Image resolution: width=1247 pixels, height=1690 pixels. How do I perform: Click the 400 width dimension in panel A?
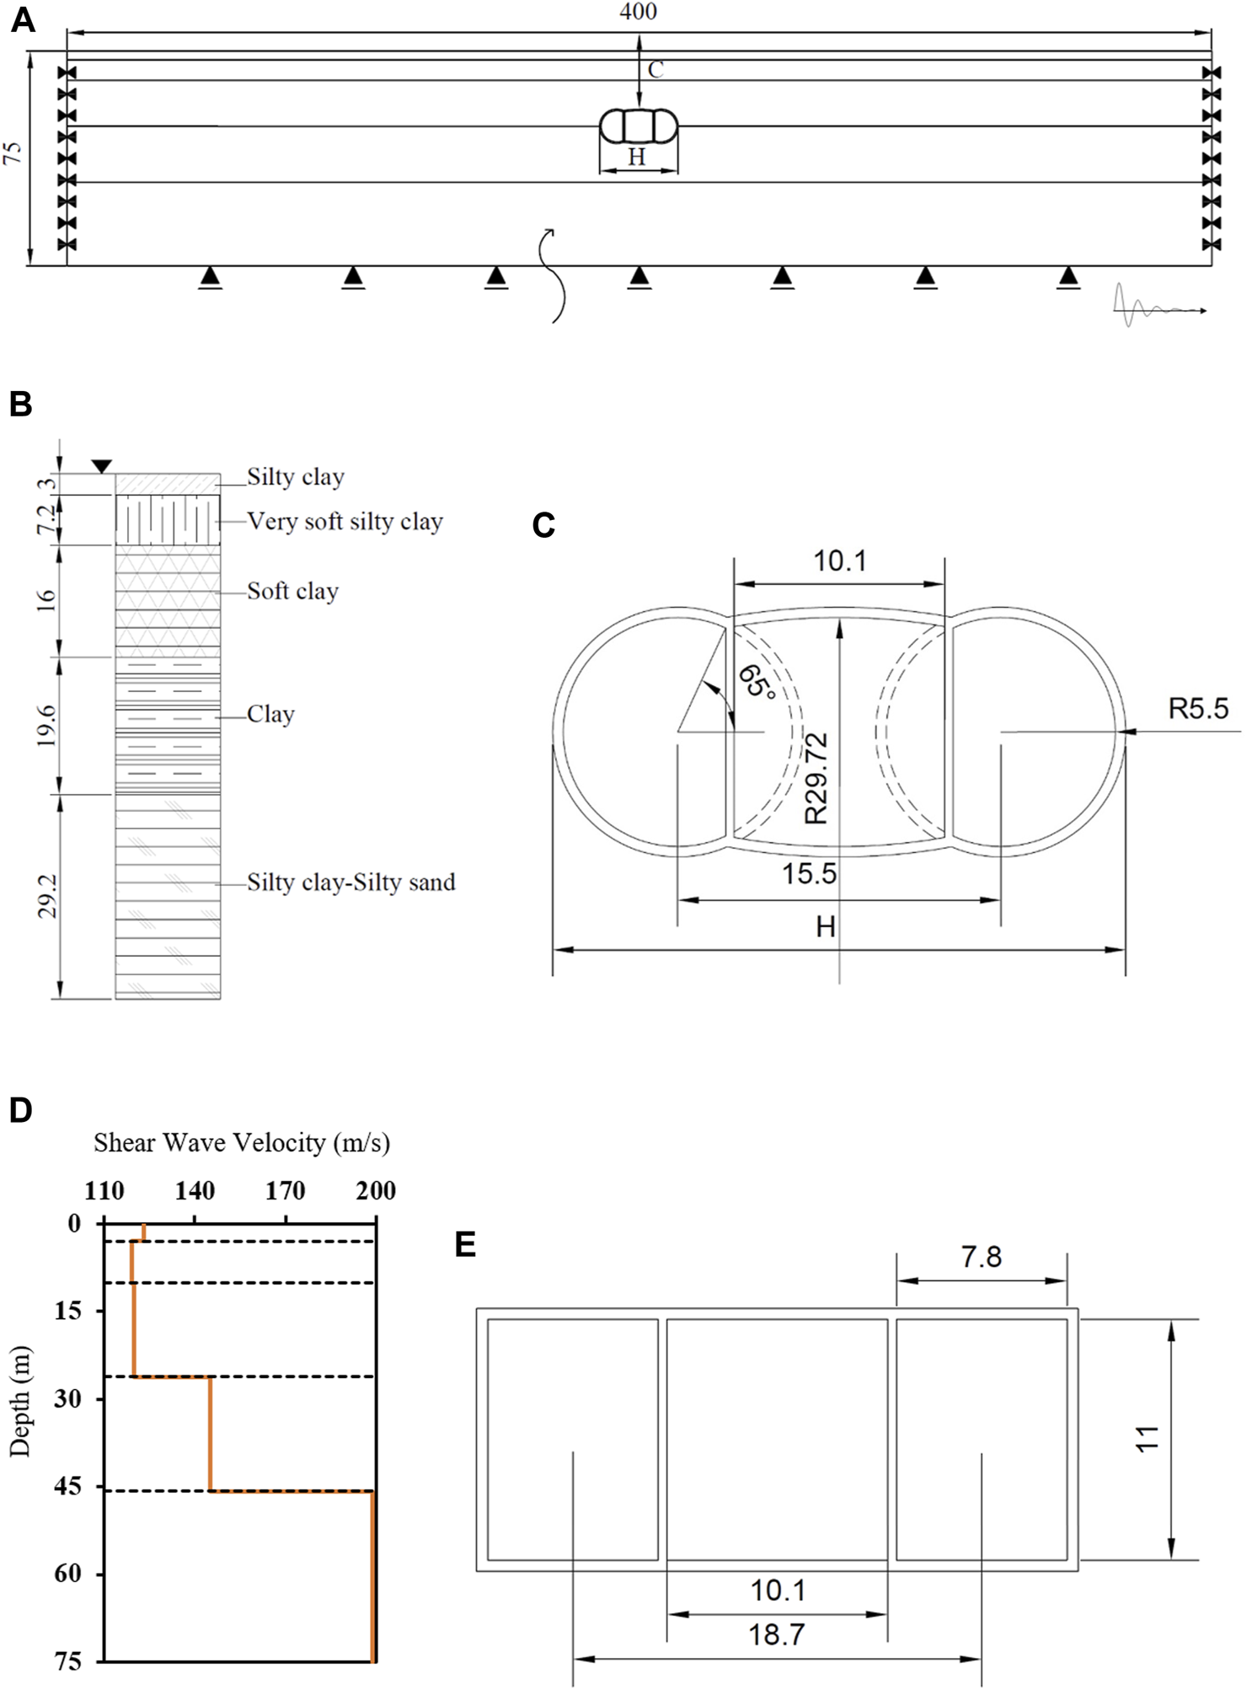[x=638, y=12]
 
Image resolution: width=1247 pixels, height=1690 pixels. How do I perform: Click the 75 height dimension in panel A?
[x=12, y=153]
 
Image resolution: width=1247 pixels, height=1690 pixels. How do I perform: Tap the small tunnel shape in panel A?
[x=638, y=126]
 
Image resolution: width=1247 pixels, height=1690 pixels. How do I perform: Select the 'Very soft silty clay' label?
[x=345, y=522]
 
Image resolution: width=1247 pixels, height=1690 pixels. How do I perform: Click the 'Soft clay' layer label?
[x=292, y=591]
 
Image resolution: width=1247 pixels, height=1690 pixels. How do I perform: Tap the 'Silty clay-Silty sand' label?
[x=351, y=883]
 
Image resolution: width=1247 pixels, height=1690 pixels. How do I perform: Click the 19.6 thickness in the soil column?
[x=46, y=724]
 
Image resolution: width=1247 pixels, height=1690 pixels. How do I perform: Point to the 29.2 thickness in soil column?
[x=48, y=895]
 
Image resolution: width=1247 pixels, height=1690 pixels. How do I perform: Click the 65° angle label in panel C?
[x=756, y=681]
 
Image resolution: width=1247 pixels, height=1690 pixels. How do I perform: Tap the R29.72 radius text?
[x=816, y=777]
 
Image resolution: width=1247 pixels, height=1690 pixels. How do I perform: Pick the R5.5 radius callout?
[x=1197, y=709]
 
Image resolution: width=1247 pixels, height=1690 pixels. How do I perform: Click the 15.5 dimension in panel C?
[x=809, y=873]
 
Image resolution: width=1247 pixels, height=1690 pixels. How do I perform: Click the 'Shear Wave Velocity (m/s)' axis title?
[x=242, y=1143]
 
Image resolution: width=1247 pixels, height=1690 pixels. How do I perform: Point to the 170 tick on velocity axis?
[x=285, y=1191]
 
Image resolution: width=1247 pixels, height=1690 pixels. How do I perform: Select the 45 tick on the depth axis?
[x=68, y=1486]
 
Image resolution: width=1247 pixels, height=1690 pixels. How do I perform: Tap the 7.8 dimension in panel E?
[x=981, y=1258]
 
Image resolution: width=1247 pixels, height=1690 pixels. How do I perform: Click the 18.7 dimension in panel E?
[x=776, y=1635]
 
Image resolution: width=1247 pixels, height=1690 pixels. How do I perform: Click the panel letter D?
[x=20, y=1110]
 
